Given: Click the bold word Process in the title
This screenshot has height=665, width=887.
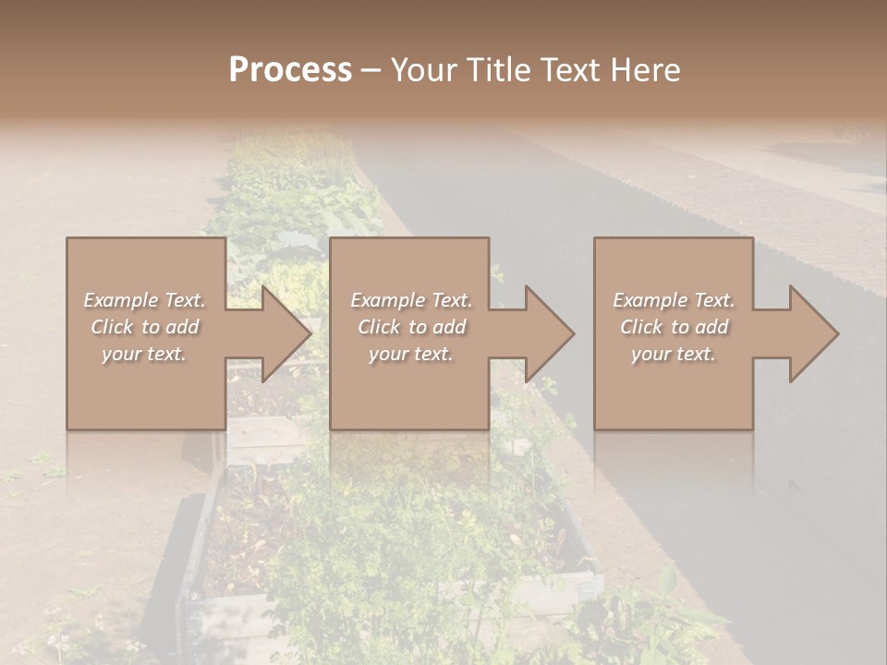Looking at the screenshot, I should [x=290, y=70].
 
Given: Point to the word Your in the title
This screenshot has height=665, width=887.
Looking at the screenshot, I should [x=423, y=70].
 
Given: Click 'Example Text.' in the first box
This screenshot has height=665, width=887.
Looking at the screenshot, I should [x=144, y=300].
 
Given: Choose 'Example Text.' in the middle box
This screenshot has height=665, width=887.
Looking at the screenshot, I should [x=411, y=300].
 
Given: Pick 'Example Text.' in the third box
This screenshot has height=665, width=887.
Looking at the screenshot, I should [x=674, y=300].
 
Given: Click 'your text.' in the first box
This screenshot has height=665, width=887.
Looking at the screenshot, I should [x=144, y=354].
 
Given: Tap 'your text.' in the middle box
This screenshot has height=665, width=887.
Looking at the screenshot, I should [x=411, y=354].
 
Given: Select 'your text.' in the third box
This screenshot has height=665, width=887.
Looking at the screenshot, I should [x=674, y=354].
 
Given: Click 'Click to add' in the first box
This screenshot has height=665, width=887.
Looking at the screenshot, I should [x=144, y=327].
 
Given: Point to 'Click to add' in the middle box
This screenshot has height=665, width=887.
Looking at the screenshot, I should [x=411, y=327].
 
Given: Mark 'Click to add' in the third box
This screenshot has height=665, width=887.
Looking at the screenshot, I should [x=674, y=327].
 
